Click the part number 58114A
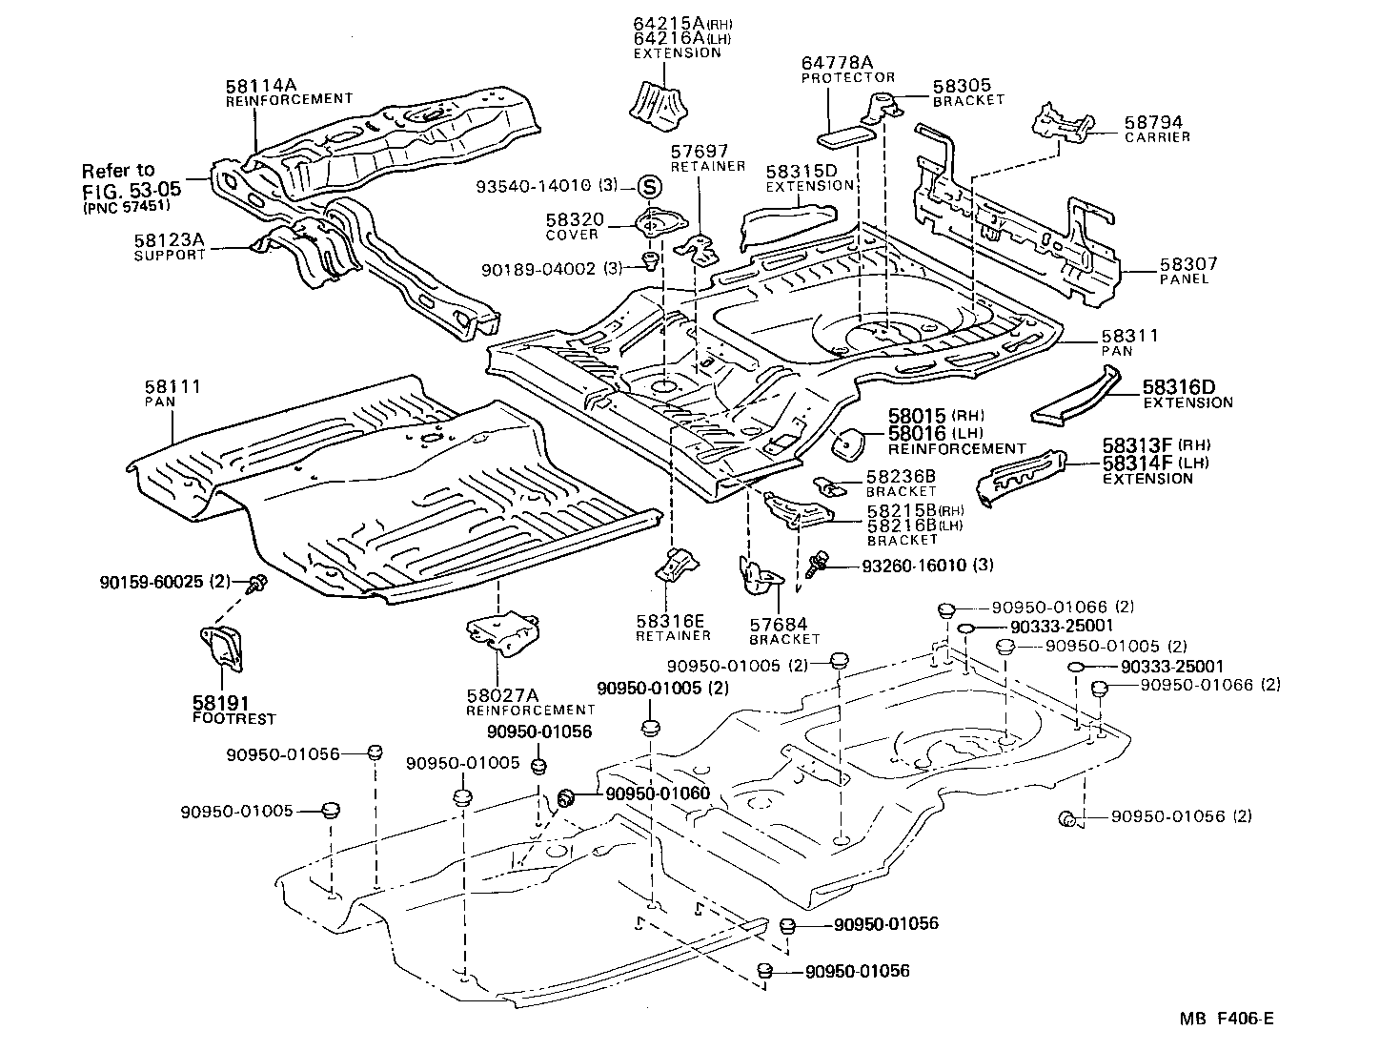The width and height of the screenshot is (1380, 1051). pos(256,85)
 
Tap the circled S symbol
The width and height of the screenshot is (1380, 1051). pos(648,187)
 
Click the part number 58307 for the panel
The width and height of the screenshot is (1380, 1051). pos(1188,264)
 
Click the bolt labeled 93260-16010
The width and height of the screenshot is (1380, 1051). pos(816,565)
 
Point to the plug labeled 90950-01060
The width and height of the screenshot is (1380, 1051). pos(564,796)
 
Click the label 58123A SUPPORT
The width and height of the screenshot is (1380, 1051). pos(170,249)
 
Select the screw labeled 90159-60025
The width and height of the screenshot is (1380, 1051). pos(257,584)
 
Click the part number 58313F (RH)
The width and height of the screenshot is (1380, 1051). pos(1137,444)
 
